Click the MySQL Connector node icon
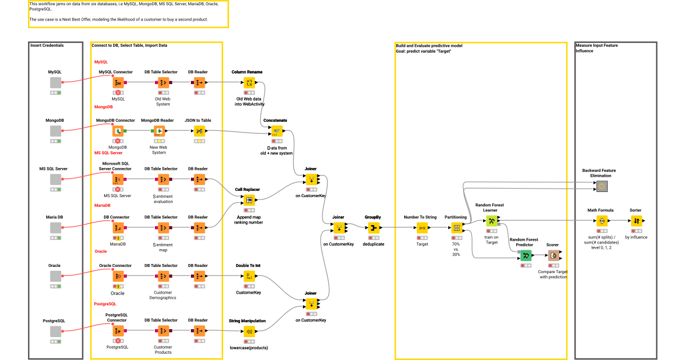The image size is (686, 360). (118, 82)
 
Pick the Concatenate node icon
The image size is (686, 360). (277, 131)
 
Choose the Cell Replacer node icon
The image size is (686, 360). (249, 200)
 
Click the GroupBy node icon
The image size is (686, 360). (374, 227)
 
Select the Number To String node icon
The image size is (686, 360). (422, 227)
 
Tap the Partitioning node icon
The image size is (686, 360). (456, 227)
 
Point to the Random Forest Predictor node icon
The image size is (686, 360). (526, 255)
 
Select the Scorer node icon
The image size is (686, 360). (553, 255)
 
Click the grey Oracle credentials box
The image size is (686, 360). (55, 277)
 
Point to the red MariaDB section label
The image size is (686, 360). (102, 205)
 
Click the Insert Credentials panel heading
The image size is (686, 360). (47, 45)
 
